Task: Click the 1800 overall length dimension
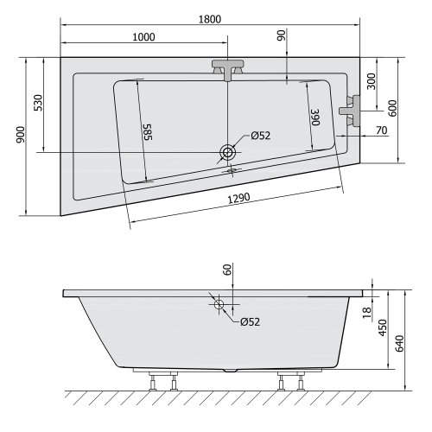point(210,18)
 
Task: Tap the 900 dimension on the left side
point(19,137)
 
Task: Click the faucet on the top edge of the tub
point(227,70)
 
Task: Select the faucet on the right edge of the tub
point(350,111)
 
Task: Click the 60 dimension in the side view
point(227,270)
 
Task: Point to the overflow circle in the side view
point(219,304)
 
